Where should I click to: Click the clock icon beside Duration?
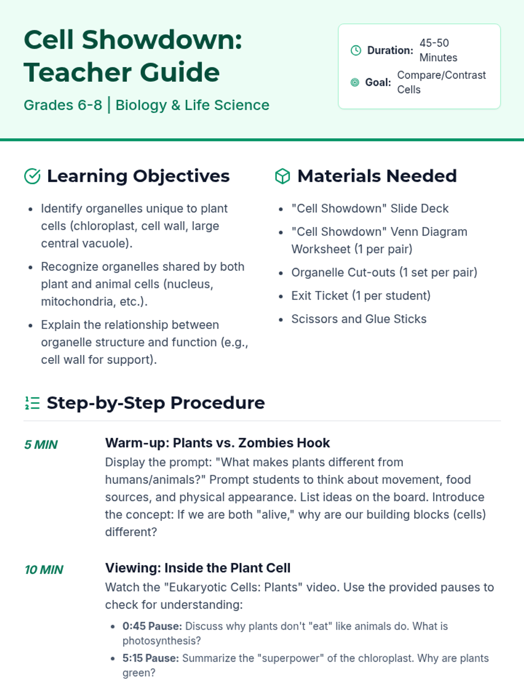coord(356,50)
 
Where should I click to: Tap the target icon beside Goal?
coord(355,82)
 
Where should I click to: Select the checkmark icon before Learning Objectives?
coord(32,176)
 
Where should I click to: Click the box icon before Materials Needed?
coord(283,176)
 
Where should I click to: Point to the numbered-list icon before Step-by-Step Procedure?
coord(32,403)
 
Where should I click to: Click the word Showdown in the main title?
coord(162,40)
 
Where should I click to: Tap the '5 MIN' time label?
coord(41,445)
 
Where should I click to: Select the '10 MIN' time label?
coord(44,570)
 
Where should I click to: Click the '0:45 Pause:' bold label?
coord(152,626)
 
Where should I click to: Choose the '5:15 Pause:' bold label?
coord(151,658)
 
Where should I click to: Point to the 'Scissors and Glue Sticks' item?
coord(359,319)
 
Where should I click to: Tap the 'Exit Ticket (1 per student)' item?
coord(361,296)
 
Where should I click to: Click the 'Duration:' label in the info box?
coord(390,50)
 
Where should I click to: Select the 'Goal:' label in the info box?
coord(378,82)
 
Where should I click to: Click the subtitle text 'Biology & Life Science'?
coord(192,105)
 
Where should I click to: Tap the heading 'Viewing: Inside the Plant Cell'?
coord(197,568)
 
